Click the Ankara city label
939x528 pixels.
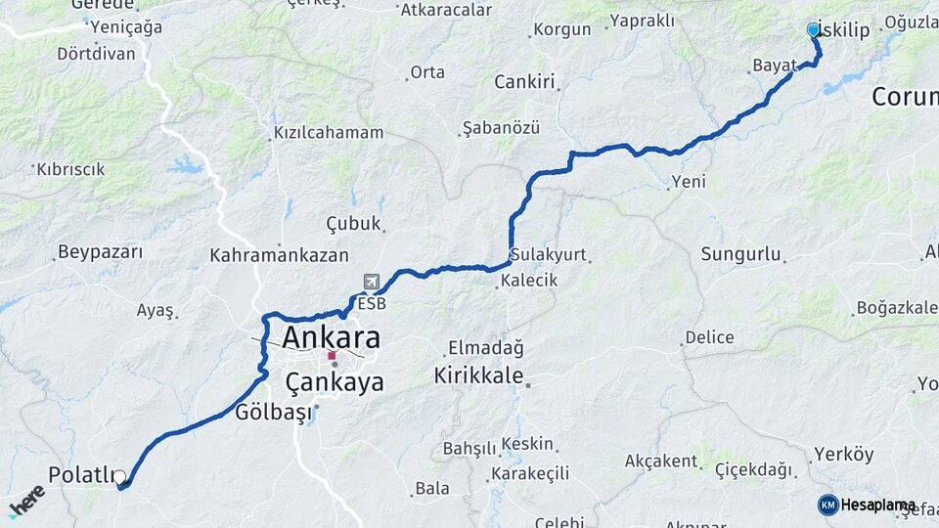pos(331,338)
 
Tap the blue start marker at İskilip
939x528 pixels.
pos(813,30)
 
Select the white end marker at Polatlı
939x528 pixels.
pos(119,477)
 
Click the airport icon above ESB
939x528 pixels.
pos(372,283)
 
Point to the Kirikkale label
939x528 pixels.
pos(479,376)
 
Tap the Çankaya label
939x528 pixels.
pos(335,382)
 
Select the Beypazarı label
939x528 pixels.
pos(100,252)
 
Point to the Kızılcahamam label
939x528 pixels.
pos(328,132)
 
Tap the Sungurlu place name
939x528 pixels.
pos(740,255)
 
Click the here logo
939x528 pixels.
pos(27,501)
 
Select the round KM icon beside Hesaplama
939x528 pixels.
pos(828,505)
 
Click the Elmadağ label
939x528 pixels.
pos(486,347)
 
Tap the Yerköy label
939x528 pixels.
pos(842,455)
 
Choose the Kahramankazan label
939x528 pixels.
pos(279,255)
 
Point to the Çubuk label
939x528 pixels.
pos(353,224)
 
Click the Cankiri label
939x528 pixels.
pos(524,81)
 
